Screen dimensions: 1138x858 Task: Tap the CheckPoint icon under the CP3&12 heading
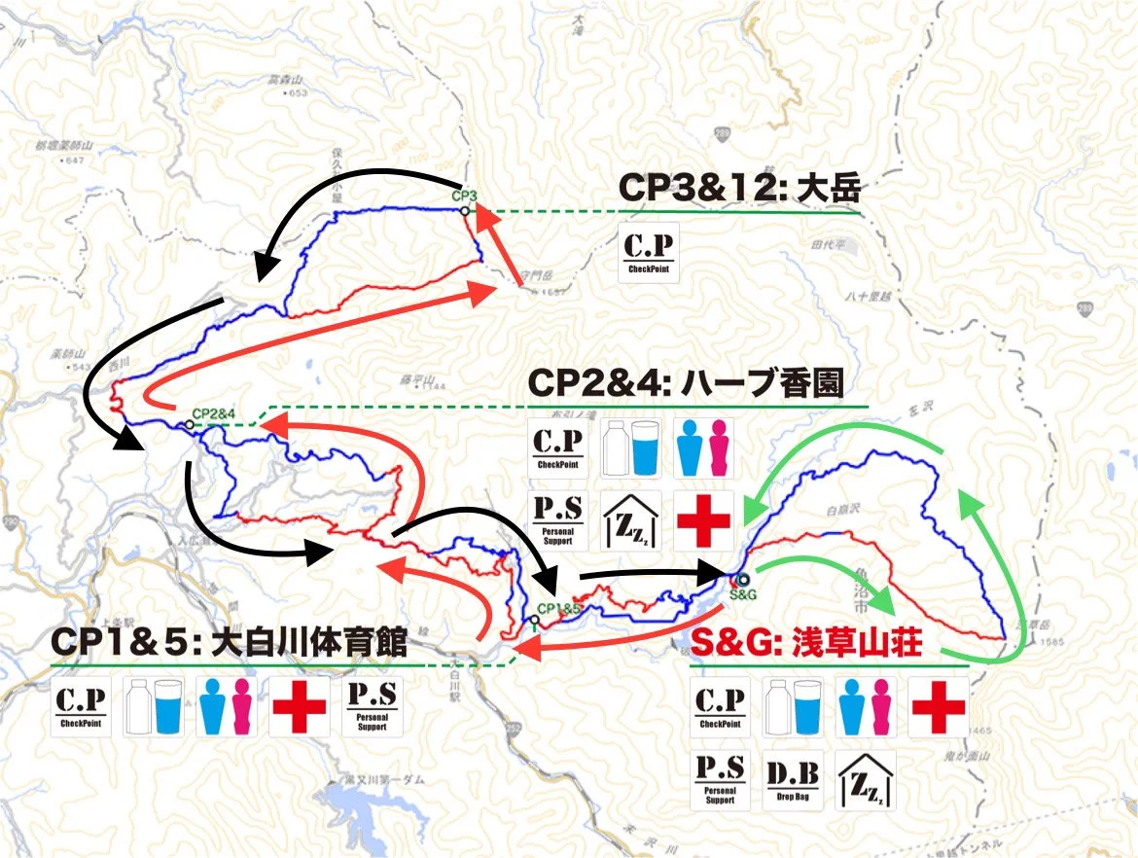tap(648, 254)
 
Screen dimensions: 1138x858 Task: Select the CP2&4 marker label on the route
tap(214, 413)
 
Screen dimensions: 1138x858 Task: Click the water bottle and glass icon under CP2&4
tap(631, 447)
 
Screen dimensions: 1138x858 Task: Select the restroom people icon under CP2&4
tap(703, 447)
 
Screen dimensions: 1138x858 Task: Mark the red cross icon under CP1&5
tap(298, 706)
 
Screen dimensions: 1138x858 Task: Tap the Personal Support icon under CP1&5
tap(371, 706)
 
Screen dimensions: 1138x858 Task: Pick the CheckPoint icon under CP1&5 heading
tap(82, 706)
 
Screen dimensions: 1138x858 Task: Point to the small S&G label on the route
tap(742, 594)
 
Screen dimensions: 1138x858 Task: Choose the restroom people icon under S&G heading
tap(865, 707)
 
